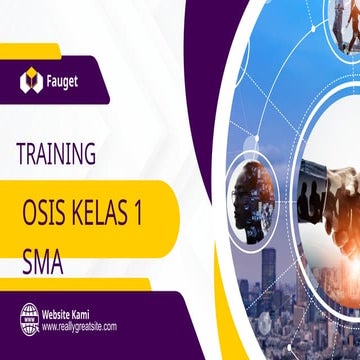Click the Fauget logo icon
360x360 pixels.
coord(31,83)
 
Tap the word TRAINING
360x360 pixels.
coord(56,154)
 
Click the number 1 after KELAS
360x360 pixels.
coord(151,214)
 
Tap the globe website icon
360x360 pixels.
coord(29,319)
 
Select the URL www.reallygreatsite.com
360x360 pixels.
coord(79,326)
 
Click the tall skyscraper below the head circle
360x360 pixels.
coord(269,275)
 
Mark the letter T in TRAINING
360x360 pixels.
coord(21,154)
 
